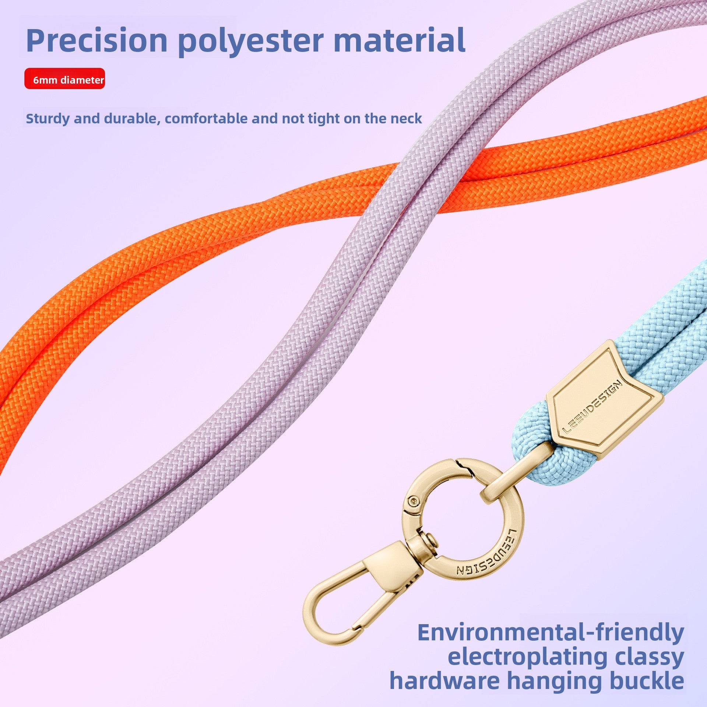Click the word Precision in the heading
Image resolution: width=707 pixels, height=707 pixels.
[97, 41]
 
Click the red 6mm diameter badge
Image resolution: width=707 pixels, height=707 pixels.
[65, 78]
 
